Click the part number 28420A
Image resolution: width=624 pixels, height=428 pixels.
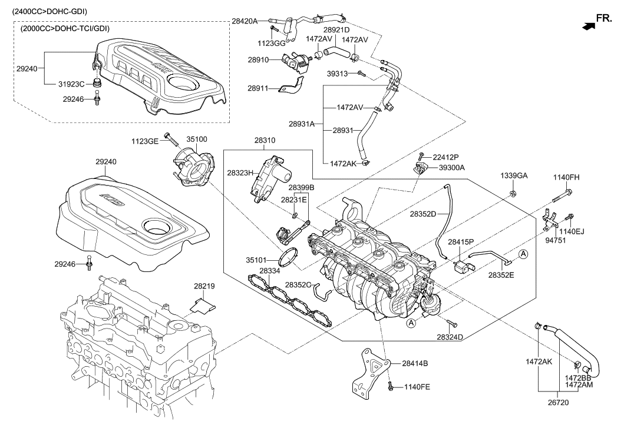(244, 21)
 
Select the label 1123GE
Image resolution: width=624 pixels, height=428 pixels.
(146, 141)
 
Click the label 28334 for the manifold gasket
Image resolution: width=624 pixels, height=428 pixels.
(269, 271)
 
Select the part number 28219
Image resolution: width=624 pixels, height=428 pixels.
(203, 286)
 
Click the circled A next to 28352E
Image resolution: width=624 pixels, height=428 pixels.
(523, 254)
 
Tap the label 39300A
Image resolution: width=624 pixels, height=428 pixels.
(451, 167)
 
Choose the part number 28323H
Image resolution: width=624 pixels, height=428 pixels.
(240, 173)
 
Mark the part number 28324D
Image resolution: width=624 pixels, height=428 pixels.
(450, 337)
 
